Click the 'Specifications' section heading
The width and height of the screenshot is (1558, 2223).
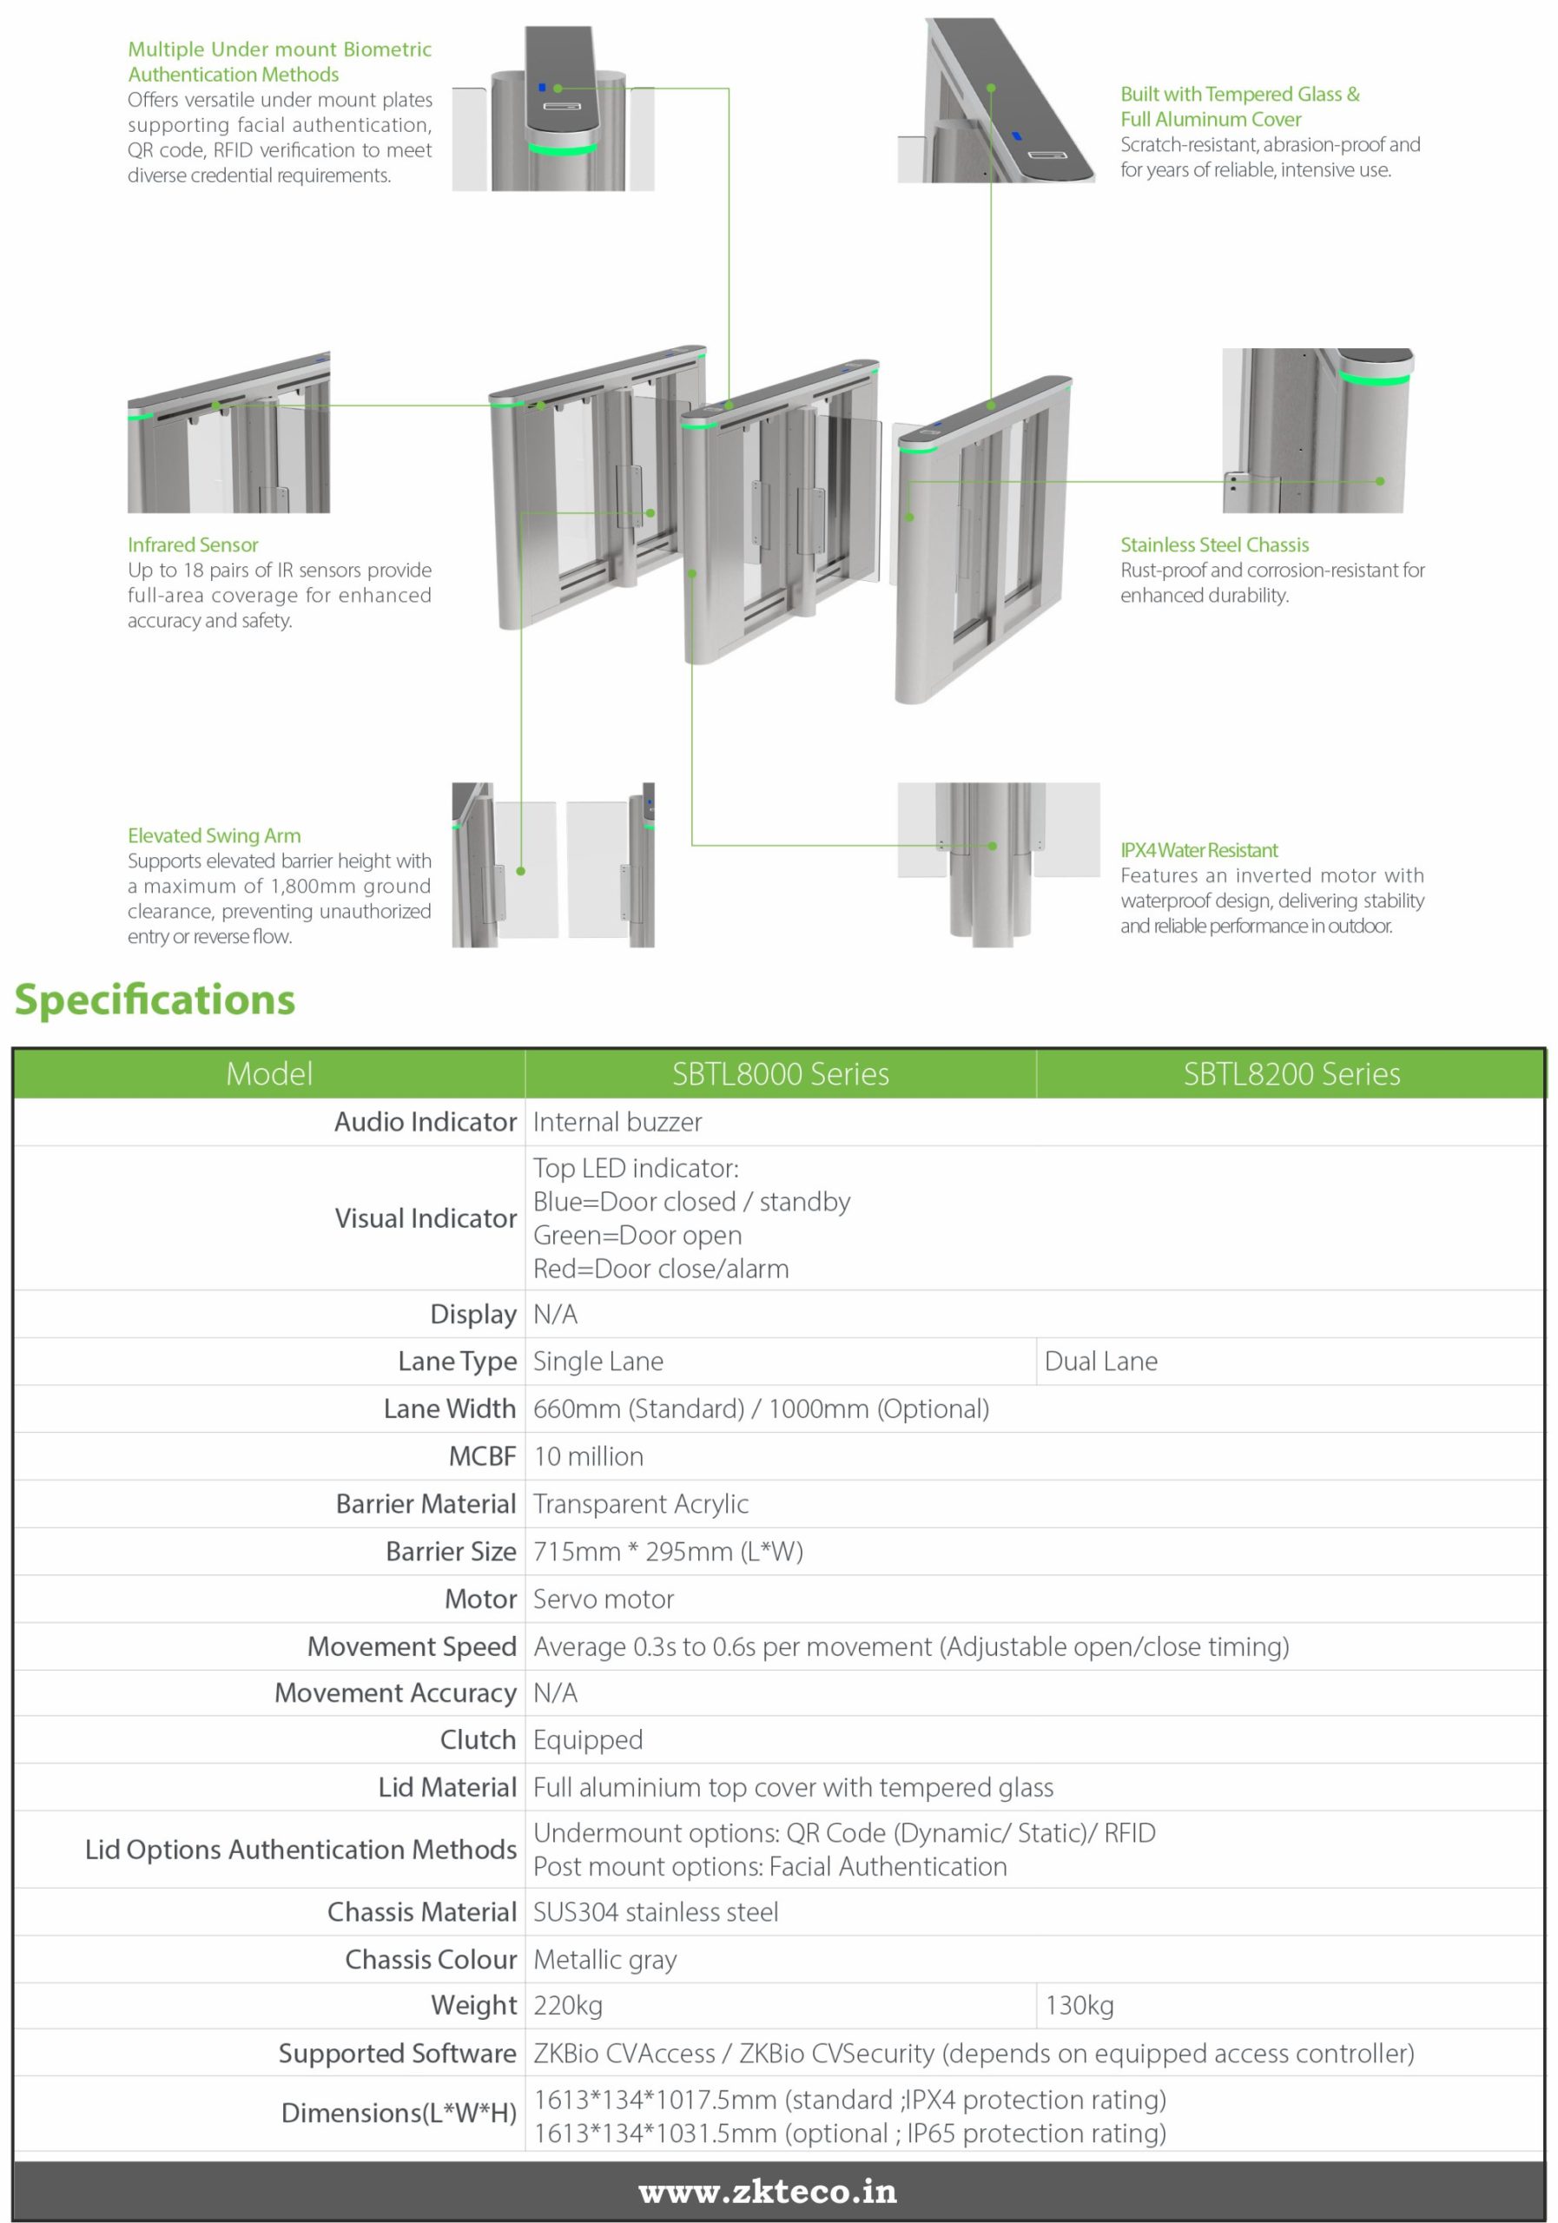tap(155, 1000)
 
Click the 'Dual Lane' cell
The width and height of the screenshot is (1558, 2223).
tap(1101, 1362)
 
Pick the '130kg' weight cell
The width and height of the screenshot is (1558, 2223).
tap(1079, 2005)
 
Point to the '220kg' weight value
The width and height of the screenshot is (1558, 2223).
tap(568, 2005)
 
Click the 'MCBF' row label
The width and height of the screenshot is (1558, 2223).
tap(482, 1456)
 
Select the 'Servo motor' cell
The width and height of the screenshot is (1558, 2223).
tap(604, 1599)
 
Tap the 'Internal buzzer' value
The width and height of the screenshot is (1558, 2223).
tap(617, 1122)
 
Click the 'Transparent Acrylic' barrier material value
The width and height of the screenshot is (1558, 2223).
tap(640, 1504)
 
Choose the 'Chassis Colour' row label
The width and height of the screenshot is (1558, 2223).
tap(431, 1959)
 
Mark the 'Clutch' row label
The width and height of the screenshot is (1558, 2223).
tap(478, 1740)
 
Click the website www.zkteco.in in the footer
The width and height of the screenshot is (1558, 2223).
tap(768, 2192)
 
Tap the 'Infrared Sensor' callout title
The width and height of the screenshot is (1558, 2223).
tap(193, 545)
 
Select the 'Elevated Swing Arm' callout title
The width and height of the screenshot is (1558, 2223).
tap(214, 835)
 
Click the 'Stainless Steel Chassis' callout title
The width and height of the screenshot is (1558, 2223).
tap(1214, 545)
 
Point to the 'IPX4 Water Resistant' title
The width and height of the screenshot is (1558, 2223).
tap(1198, 850)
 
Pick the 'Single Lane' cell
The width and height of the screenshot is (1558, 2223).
tap(597, 1362)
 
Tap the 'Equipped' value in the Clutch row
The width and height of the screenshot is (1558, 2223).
tap(588, 1740)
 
